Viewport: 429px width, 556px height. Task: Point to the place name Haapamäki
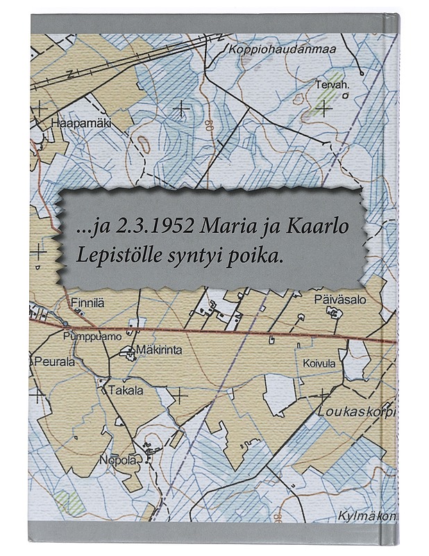tap(81, 123)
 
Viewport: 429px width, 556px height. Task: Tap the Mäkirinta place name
tap(159, 350)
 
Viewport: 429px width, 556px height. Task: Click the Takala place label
tap(125, 391)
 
